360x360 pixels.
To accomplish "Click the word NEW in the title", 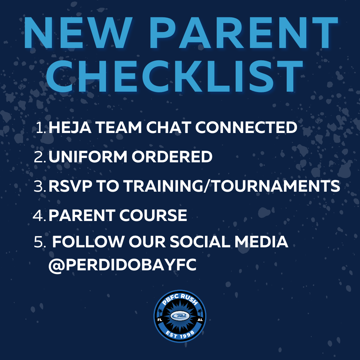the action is tap(78, 33).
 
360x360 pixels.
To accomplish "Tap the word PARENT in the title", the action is tap(244, 33).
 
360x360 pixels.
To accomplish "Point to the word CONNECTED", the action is tap(246, 127).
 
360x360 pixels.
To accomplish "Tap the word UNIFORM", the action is tap(88, 157).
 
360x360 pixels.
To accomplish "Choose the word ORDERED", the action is tap(172, 157).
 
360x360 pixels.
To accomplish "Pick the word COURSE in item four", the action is tap(153, 215).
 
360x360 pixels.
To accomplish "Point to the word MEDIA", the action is tap(261, 242).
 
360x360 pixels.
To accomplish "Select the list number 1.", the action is tap(41, 128).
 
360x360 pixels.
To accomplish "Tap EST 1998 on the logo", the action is tap(180, 334).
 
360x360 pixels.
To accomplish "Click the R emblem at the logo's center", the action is tap(180, 316).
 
